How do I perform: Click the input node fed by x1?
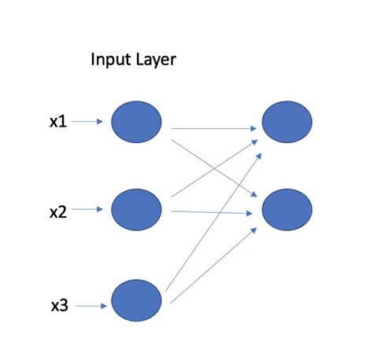136,121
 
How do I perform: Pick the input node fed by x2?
136,209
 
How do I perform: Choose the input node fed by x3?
136,302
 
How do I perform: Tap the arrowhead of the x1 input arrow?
100,122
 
